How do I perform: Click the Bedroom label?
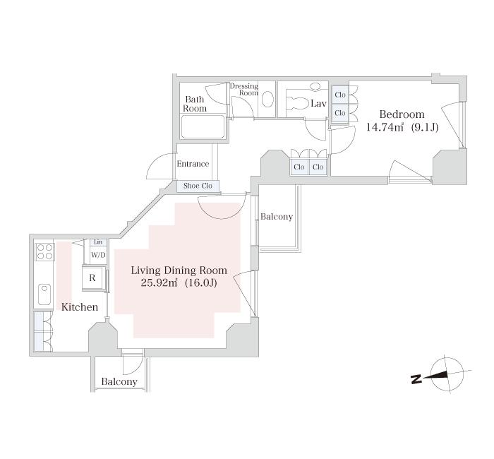[402, 114]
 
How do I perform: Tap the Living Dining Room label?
[179, 270]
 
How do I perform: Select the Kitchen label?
[80, 306]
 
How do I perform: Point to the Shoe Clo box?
[198, 186]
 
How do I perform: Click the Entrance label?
[193, 164]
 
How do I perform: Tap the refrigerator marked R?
[92, 278]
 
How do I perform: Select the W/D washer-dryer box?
[98, 255]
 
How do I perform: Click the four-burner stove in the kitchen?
[44, 251]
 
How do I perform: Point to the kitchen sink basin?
[44, 294]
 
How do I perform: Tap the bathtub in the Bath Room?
[203, 126]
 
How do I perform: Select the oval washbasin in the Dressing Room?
[268, 100]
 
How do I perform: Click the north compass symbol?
[447, 374]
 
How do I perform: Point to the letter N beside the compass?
[416, 379]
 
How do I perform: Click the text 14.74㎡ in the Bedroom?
[385, 127]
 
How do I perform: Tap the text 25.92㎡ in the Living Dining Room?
[159, 282]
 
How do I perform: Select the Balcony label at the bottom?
[119, 382]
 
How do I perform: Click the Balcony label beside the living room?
[277, 217]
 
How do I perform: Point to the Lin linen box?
[98, 242]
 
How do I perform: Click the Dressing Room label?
[245, 89]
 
